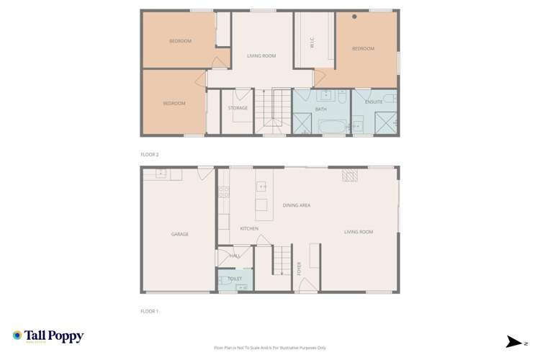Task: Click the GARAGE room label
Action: pyautogui.click(x=179, y=234)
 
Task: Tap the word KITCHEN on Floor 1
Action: pyautogui.click(x=249, y=228)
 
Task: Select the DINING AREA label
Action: pyautogui.click(x=296, y=205)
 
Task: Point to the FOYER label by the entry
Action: pyautogui.click(x=300, y=269)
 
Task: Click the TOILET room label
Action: pyautogui.click(x=235, y=278)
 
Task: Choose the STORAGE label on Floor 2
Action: pyautogui.click(x=238, y=108)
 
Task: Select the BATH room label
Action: pyautogui.click(x=320, y=109)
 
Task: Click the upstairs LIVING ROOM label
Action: pyautogui.click(x=261, y=55)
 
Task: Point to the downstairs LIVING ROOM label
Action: pyautogui.click(x=359, y=231)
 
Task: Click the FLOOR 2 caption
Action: pyautogui.click(x=149, y=154)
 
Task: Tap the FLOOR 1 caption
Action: pyautogui.click(x=149, y=311)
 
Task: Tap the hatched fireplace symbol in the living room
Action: pyautogui.click(x=349, y=175)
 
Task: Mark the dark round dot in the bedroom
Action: pyautogui.click(x=354, y=17)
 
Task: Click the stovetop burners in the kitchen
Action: pyautogui.click(x=224, y=192)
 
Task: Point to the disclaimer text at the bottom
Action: pyautogui.click(x=270, y=346)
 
